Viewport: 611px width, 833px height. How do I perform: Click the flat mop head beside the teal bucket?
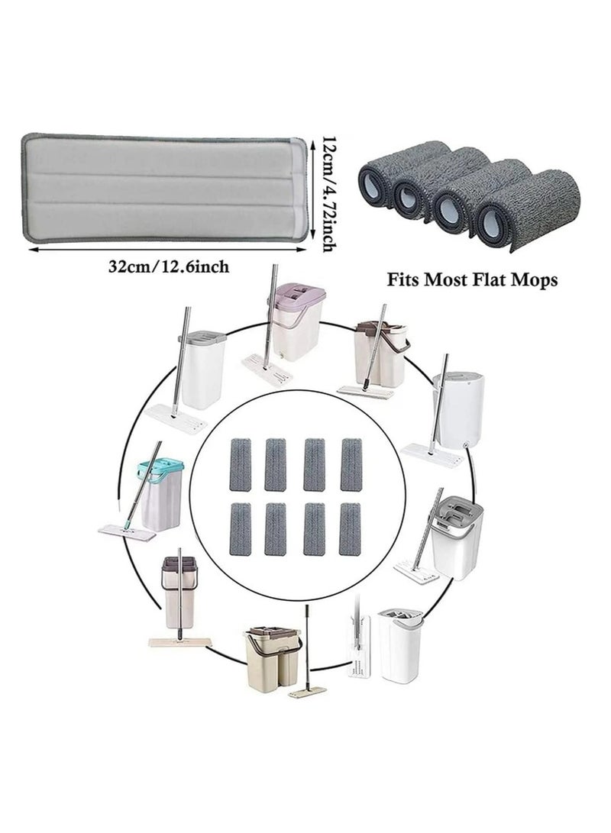click(x=126, y=530)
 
